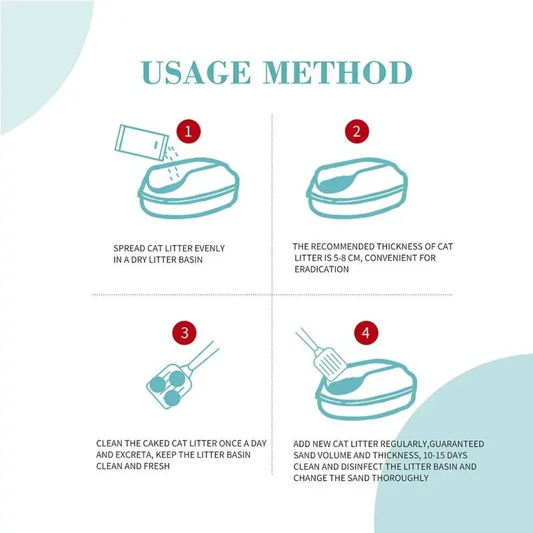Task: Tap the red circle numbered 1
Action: pyautogui.click(x=189, y=131)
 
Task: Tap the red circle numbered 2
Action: pyautogui.click(x=356, y=131)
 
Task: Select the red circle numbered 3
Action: pyautogui.click(x=185, y=332)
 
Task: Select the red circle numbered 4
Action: pyautogui.click(x=365, y=332)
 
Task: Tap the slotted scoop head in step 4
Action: pyautogui.click(x=330, y=364)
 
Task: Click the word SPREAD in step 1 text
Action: pyautogui.click(x=130, y=249)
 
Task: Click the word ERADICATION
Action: pyautogui.click(x=321, y=269)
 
